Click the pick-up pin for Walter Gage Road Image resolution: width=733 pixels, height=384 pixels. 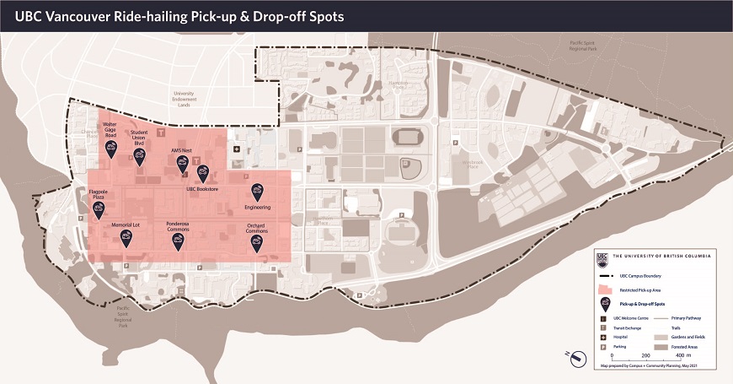[x=110, y=148]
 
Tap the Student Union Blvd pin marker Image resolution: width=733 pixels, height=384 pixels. [x=140, y=157]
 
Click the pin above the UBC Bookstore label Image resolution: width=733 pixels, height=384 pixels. [x=202, y=173]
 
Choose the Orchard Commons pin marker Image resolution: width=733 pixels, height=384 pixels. [x=256, y=243]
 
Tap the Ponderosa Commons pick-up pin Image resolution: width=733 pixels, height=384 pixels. [x=178, y=241]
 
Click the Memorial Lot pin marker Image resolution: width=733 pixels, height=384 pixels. [x=126, y=239]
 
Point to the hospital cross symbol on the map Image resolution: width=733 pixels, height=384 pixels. [x=238, y=149]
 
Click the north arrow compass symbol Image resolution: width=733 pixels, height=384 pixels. [x=577, y=358]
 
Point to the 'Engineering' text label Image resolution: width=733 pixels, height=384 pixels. [x=257, y=207]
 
